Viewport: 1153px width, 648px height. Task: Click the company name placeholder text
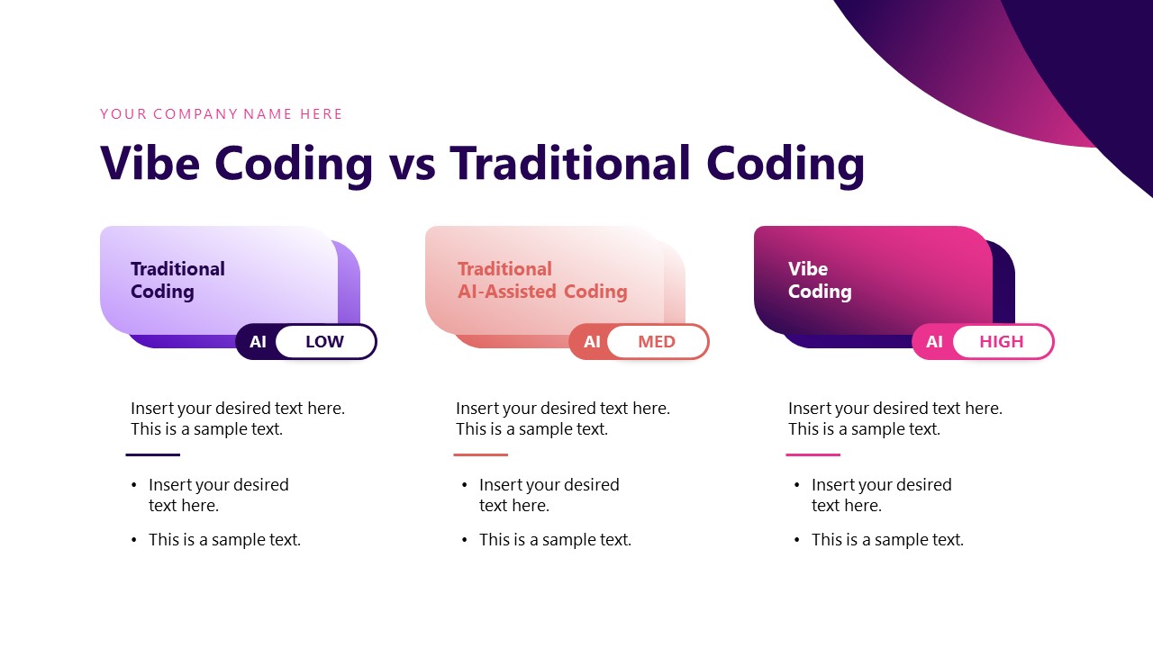pyautogui.click(x=221, y=114)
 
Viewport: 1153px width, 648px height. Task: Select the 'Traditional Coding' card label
pyautogui.click(x=177, y=280)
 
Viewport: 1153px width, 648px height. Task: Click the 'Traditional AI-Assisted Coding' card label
pyautogui.click(x=541, y=280)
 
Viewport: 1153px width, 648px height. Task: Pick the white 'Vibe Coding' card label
pyautogui.click(x=819, y=280)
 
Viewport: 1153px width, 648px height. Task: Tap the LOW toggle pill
pyautogui.click(x=324, y=342)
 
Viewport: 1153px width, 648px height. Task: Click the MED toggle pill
pyautogui.click(x=656, y=342)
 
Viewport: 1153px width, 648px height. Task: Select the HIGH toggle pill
pyautogui.click(x=1001, y=342)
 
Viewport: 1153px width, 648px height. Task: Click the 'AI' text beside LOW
pyautogui.click(x=258, y=342)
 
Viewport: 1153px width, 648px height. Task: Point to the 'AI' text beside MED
pyautogui.click(x=591, y=342)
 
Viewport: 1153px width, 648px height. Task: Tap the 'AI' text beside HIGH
pyautogui.click(x=934, y=342)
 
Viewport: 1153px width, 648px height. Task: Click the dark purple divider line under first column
pyautogui.click(x=152, y=454)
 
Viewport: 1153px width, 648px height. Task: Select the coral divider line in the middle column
pyautogui.click(x=480, y=454)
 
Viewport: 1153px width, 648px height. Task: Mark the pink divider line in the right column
pyautogui.click(x=813, y=454)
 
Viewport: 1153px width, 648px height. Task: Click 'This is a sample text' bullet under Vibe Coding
pyautogui.click(x=886, y=540)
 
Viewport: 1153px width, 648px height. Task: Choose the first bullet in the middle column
pyautogui.click(x=549, y=495)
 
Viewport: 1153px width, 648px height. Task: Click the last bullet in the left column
pyautogui.click(x=224, y=540)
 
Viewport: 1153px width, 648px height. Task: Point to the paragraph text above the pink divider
pyautogui.click(x=894, y=418)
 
